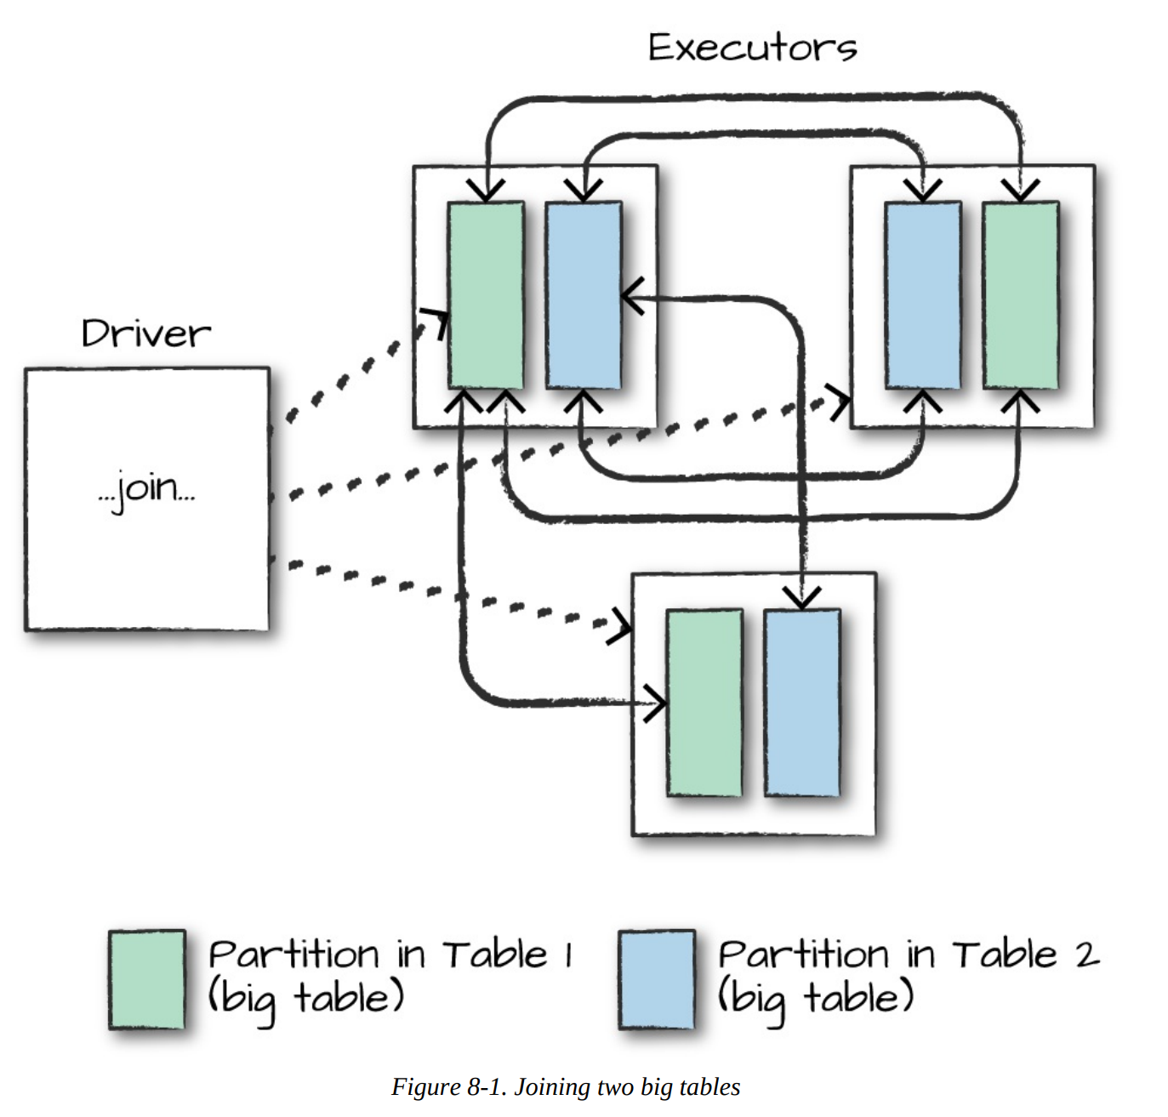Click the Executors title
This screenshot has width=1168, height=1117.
pos(752,48)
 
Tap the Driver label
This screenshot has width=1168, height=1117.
pos(145,333)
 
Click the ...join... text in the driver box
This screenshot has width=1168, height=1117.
pos(146,489)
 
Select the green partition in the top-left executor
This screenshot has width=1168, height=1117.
pos(486,295)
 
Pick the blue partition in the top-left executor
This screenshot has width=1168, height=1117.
pos(584,295)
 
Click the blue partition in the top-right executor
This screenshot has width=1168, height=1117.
pos(923,295)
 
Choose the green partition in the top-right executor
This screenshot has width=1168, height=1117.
pos(1021,295)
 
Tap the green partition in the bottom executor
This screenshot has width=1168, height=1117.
pos(704,703)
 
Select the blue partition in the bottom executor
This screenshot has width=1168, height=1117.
pos(802,703)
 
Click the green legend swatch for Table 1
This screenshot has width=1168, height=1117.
pos(147,979)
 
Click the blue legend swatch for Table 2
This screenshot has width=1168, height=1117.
pos(657,979)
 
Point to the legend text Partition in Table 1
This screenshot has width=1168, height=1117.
pos(390,955)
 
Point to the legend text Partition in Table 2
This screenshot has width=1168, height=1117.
pos(908,955)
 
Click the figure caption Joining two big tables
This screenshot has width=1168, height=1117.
pos(627,1087)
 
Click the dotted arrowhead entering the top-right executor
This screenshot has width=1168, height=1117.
pos(841,402)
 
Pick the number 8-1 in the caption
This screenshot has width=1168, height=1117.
pos(486,1087)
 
